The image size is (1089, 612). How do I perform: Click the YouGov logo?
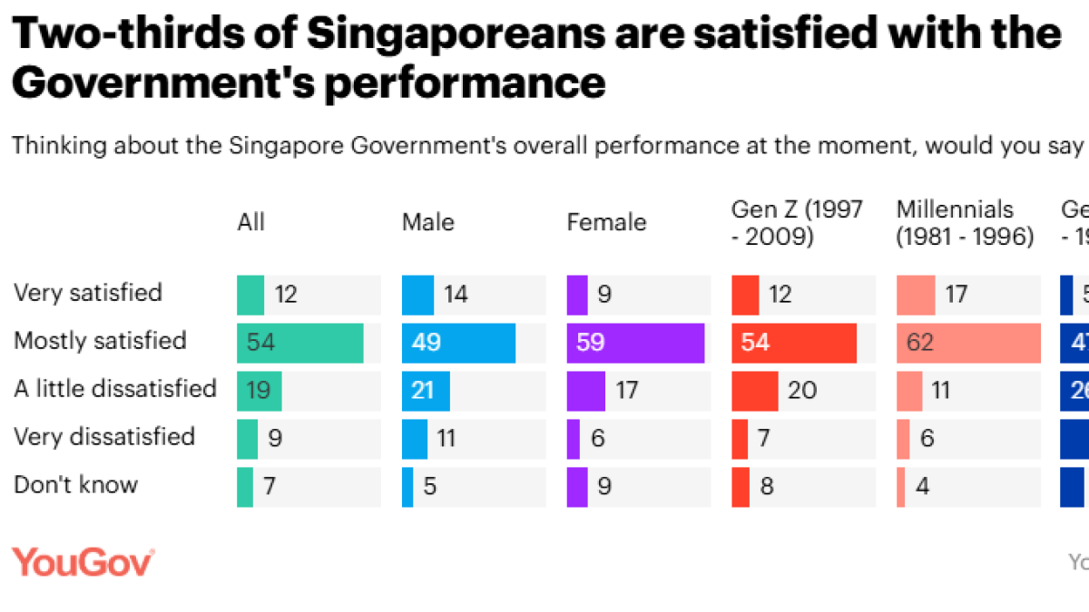point(83,562)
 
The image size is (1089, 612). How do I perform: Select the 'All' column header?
point(250,222)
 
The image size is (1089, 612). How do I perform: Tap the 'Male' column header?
point(428,222)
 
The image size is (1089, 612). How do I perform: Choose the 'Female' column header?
point(606,222)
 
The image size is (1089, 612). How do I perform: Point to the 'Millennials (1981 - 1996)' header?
point(965,223)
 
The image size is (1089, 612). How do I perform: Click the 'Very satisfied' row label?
point(88,293)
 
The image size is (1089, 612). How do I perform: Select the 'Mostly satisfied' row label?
point(100,341)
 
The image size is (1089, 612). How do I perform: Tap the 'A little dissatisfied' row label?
point(115,389)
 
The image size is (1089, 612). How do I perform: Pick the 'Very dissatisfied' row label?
point(104,437)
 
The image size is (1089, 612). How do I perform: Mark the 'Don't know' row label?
point(75,485)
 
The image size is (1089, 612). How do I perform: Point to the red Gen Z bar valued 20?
point(754,391)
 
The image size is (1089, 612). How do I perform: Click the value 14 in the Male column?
point(456,295)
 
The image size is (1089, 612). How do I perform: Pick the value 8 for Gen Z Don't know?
point(767,487)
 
